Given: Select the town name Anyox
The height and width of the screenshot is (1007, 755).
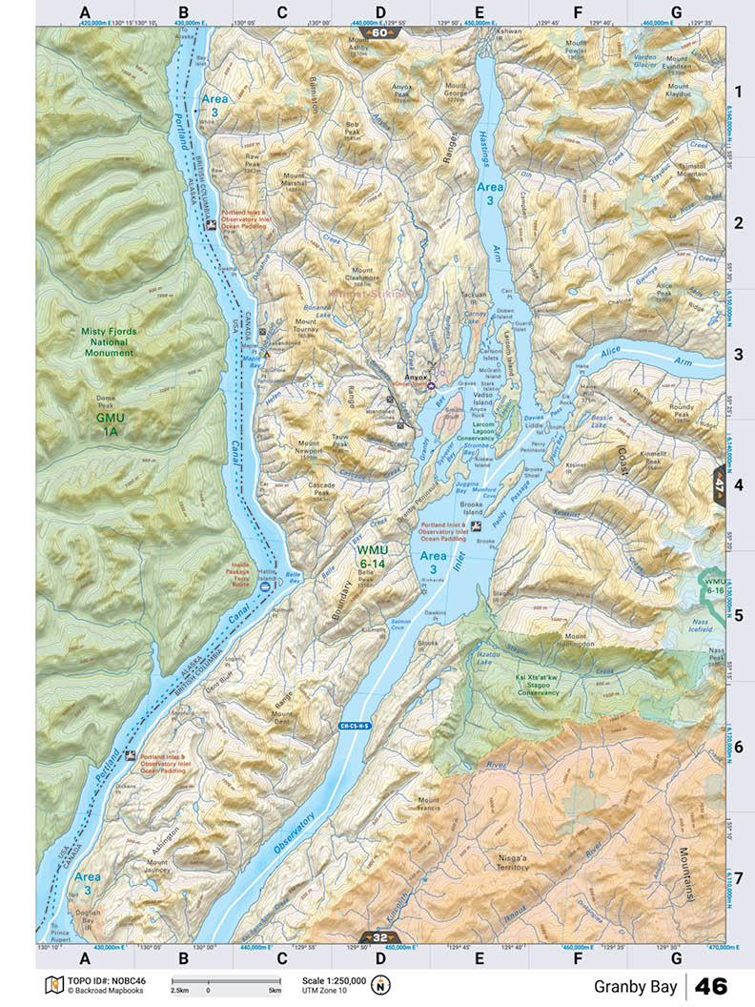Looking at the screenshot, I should point(416,378).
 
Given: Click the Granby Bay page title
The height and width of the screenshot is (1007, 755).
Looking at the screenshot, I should point(636,986).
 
